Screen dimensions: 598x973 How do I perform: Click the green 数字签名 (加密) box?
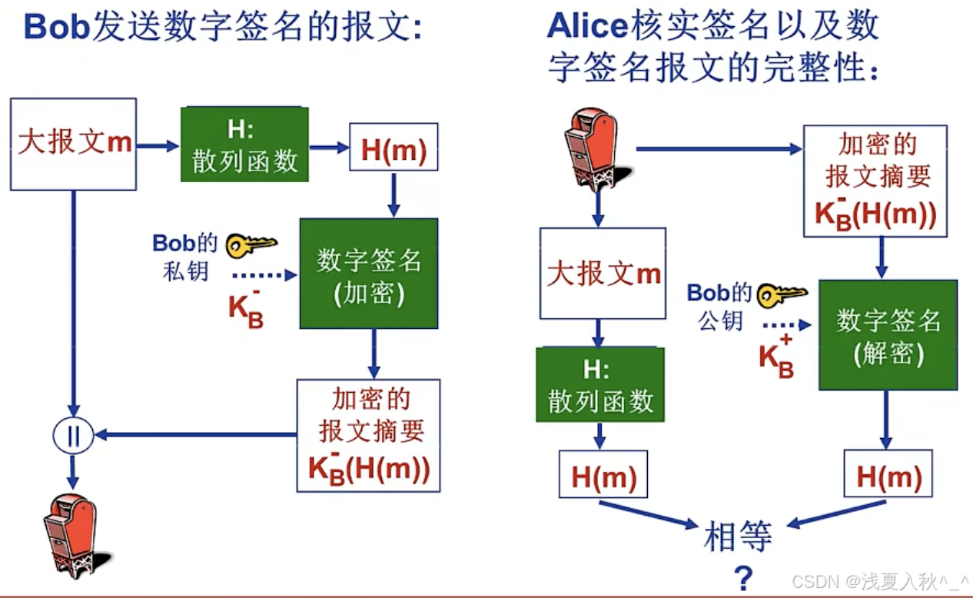point(369,274)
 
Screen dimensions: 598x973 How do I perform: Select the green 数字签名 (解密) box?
point(888,334)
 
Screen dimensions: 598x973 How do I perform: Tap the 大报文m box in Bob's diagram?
point(74,144)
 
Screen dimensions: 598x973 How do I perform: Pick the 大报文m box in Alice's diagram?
point(603,273)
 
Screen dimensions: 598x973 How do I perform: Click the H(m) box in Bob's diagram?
point(394,147)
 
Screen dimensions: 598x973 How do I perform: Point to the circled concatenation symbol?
point(73,436)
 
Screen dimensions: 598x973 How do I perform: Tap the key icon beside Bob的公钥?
point(782,294)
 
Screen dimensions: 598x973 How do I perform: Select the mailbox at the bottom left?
point(70,535)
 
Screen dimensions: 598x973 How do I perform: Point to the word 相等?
point(738,537)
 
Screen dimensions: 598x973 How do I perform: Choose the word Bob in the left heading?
point(57,27)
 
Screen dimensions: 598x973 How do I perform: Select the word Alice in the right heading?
point(587,27)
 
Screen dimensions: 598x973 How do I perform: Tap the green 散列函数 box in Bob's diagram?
point(244,145)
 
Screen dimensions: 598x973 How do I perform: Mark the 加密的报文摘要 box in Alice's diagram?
point(875,181)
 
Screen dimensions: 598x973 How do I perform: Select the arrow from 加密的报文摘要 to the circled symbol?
point(195,436)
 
